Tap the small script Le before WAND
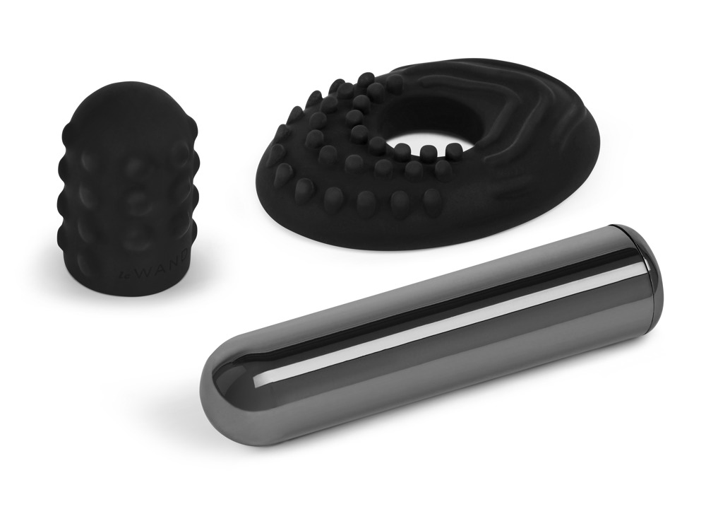point(126,270)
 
